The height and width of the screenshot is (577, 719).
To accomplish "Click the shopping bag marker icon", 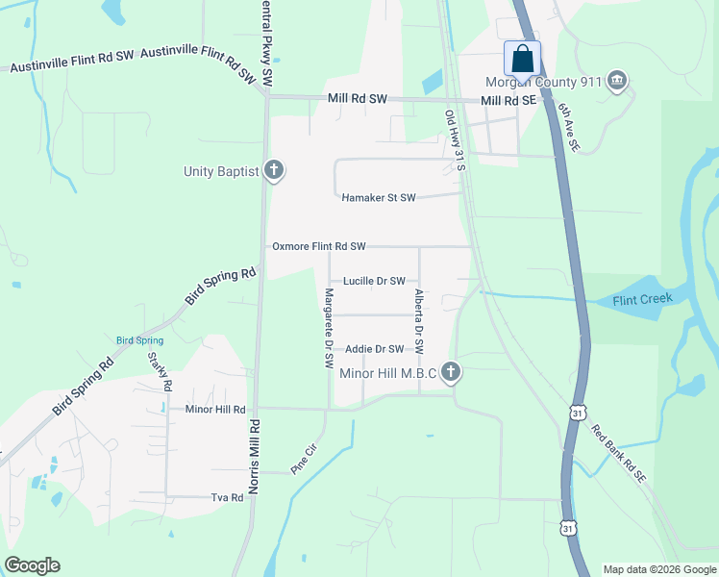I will [x=522, y=59].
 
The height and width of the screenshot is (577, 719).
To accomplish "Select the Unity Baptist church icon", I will [x=274, y=171].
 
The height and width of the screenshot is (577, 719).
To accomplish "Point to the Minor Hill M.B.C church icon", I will [x=449, y=372].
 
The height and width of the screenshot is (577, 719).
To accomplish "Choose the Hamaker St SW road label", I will [x=379, y=198].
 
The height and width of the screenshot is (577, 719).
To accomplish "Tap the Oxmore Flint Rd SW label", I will [x=318, y=247].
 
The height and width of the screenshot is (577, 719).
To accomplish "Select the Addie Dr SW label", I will [x=374, y=349].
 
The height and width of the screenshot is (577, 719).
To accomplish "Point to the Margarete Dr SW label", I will [x=329, y=328].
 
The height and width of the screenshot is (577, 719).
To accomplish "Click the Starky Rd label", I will [x=160, y=371].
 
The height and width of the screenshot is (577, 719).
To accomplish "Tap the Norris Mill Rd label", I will [x=255, y=457].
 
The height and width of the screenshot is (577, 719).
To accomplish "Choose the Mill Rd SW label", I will [x=357, y=99].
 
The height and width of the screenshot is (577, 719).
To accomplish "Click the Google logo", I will [x=32, y=565].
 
